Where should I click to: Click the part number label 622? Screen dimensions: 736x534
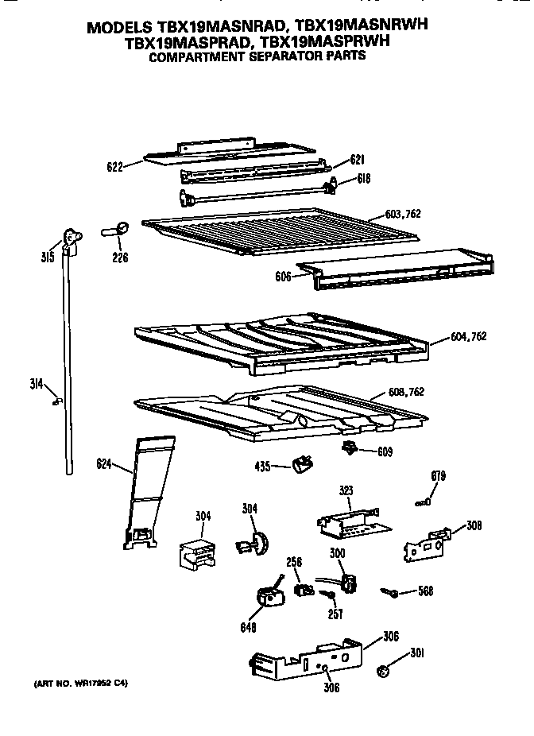[x=115, y=167]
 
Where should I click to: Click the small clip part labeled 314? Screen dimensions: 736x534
[x=55, y=401]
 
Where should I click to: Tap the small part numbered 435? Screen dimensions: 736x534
[x=303, y=465]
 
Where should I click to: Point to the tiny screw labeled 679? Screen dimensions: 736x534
[x=423, y=501]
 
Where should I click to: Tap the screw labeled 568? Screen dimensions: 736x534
[x=389, y=591]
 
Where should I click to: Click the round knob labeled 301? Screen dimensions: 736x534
[x=385, y=671]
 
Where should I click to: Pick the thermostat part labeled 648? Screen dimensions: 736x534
[x=268, y=597]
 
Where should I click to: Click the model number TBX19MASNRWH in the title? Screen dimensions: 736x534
[x=355, y=26]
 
